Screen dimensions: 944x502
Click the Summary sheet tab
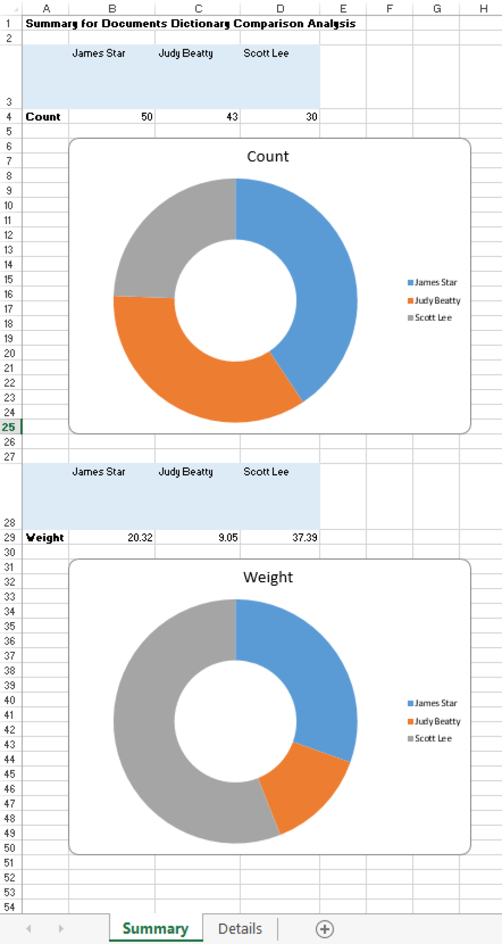pyautogui.click(x=155, y=929)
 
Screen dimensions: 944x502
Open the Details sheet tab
pyautogui.click(x=240, y=929)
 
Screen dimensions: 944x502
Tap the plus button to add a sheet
pyautogui.click(x=324, y=929)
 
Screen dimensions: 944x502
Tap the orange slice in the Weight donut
pyautogui.click(x=306, y=785)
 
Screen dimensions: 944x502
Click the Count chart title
pyautogui.click(x=268, y=157)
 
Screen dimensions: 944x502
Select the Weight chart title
pyautogui.click(x=268, y=577)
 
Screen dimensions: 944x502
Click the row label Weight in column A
pyautogui.click(x=45, y=538)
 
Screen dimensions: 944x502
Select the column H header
pyautogui.click(x=483, y=8)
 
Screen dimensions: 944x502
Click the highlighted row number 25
pyautogui.click(x=9, y=427)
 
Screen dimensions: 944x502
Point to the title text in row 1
pyautogui.click(x=190, y=24)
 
